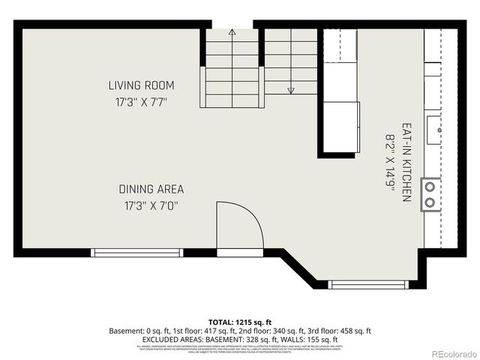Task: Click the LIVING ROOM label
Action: click(141, 85)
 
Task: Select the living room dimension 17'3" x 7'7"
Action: click(141, 100)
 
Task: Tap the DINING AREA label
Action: click(151, 189)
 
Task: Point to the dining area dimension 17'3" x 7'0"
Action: click(151, 205)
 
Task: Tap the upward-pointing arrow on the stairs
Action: click(232, 32)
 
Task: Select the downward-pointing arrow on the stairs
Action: click(292, 90)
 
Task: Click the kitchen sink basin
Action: click(434, 129)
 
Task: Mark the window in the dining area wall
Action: click(136, 253)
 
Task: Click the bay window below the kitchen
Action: click(369, 284)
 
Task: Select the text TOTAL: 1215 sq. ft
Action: click(240, 321)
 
